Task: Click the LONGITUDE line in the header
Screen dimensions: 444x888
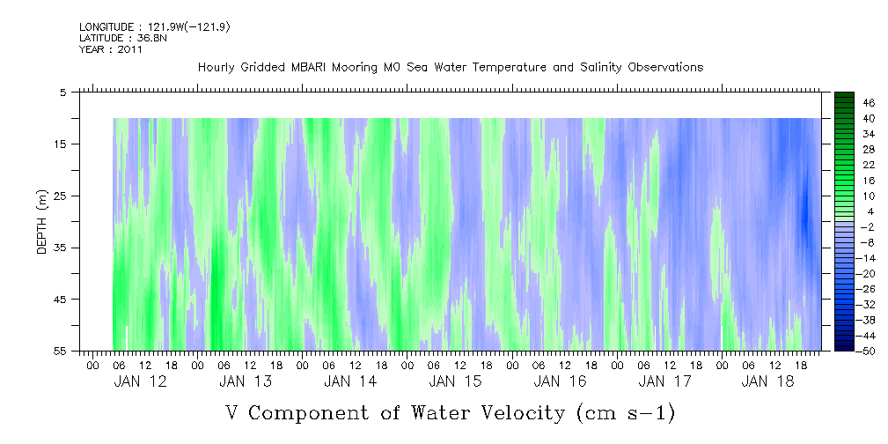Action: [x=154, y=27]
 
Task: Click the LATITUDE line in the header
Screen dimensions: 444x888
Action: [x=122, y=38]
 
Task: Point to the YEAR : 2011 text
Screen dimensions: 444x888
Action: [x=111, y=49]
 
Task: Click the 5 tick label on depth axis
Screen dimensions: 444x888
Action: [x=63, y=92]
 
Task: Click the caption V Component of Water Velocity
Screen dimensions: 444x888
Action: [x=450, y=412]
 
